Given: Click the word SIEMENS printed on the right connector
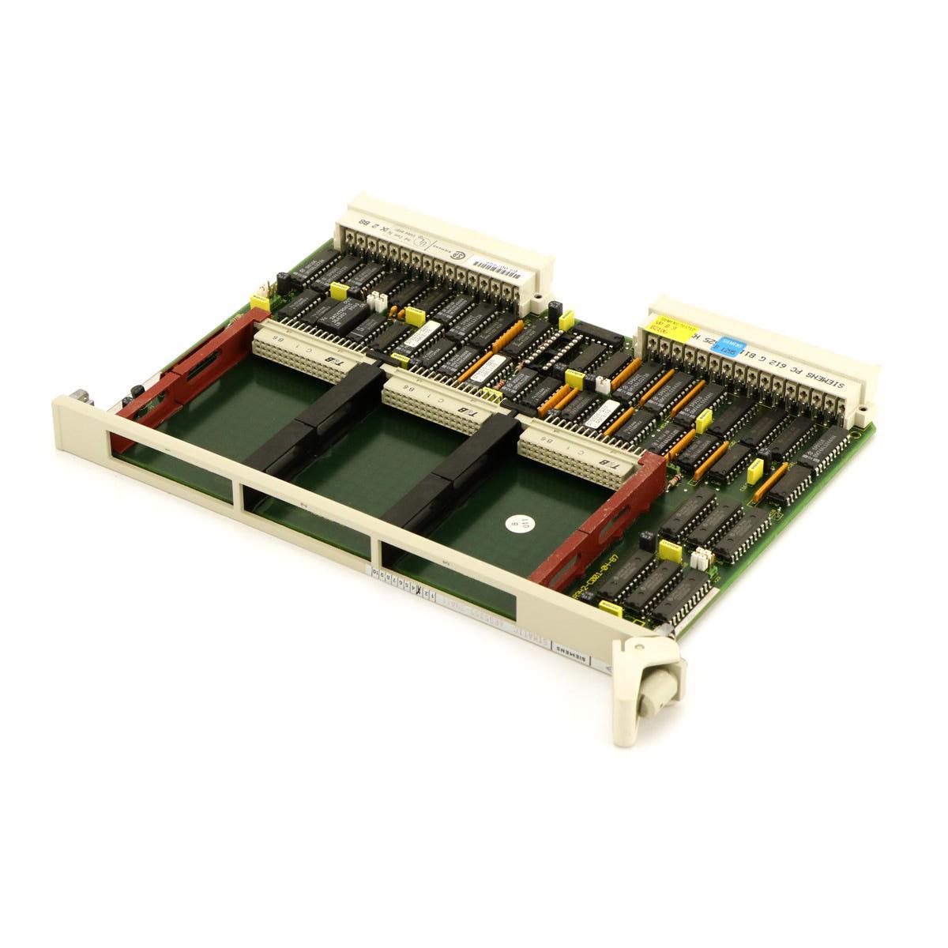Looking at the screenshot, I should [827, 385].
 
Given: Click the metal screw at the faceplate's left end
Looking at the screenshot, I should [81, 397].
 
